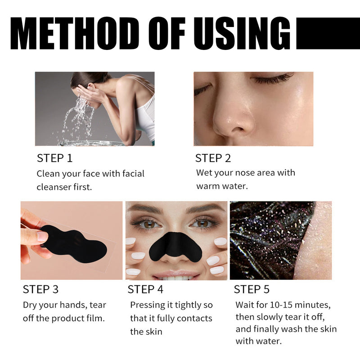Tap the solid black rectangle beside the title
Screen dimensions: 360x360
tap(328, 33)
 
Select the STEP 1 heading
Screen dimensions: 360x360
tap(54, 158)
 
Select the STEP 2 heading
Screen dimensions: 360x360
tap(213, 158)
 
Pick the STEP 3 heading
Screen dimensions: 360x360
tap(40, 289)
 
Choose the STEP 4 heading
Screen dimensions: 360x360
tap(145, 289)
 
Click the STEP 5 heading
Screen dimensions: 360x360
tap(252, 289)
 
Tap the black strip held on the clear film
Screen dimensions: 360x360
tap(74, 241)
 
